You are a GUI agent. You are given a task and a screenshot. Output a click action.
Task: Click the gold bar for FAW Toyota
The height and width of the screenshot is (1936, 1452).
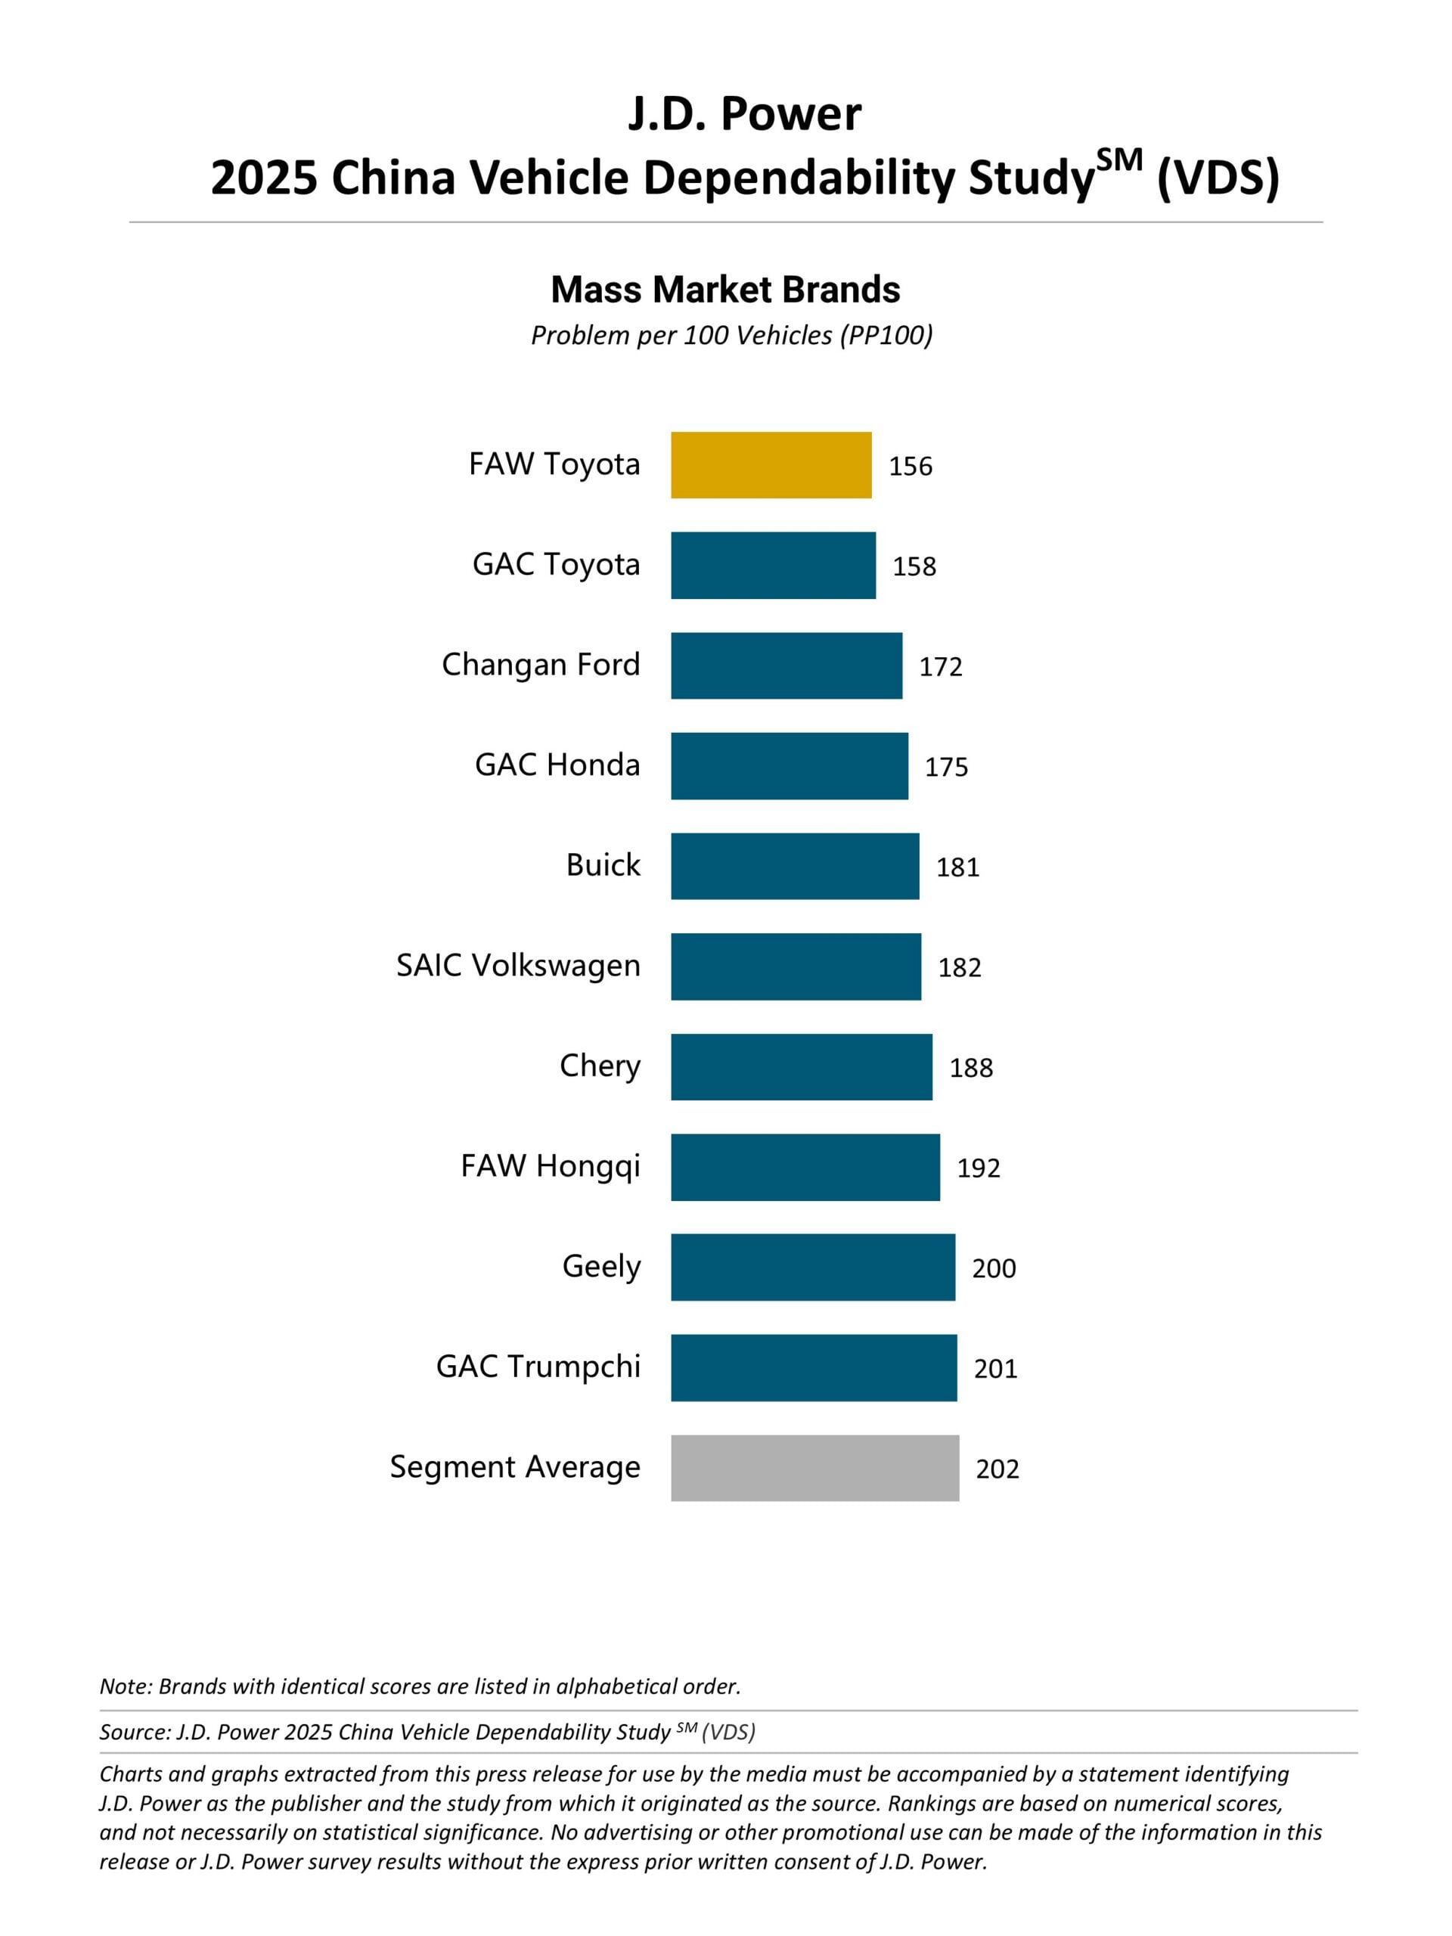pos(771,465)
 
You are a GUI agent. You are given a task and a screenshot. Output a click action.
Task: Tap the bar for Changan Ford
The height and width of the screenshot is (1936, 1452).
pos(786,665)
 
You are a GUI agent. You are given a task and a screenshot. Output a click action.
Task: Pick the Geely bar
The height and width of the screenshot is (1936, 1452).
pos(813,1267)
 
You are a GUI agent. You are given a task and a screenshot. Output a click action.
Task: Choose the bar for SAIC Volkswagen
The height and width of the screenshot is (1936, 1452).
pos(796,966)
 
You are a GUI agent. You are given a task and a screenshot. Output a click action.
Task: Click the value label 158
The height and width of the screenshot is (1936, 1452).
pos(914,566)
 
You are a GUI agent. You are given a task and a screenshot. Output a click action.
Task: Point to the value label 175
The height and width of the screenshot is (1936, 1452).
pos(946,767)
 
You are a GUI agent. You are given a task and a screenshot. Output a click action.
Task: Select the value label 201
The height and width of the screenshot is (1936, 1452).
pos(995,1368)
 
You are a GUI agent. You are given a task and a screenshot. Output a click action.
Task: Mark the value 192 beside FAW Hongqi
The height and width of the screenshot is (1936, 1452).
pos(978,1168)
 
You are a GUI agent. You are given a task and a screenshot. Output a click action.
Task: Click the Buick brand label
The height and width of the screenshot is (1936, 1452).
pos(603,864)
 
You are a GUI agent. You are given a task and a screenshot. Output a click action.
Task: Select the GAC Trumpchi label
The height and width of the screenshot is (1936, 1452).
pos(538,1367)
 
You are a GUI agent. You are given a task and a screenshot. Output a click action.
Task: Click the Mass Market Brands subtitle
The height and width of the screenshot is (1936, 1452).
pos(725,290)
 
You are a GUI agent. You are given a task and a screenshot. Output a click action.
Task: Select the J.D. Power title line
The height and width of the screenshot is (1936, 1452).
pos(744,113)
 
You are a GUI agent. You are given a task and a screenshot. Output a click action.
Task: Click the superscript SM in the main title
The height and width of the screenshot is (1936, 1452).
pos(1119,160)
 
